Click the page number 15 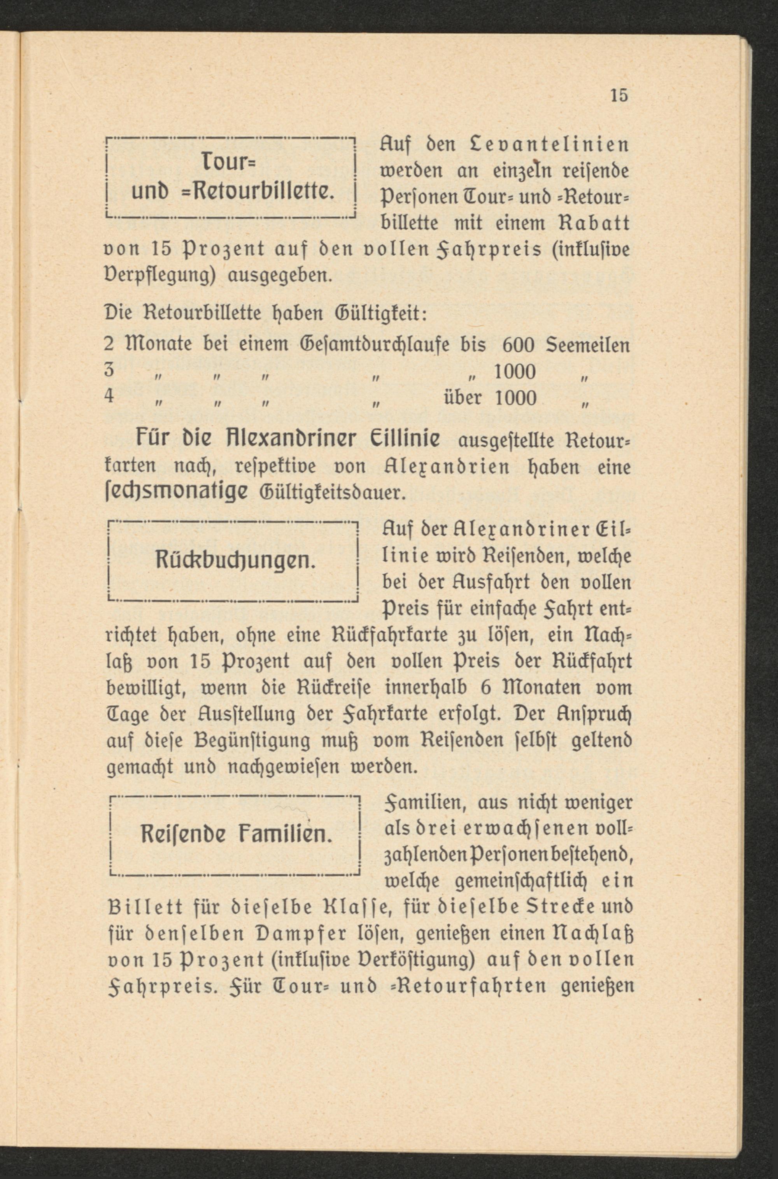pyautogui.click(x=619, y=95)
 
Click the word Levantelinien pyautogui.click(x=549, y=146)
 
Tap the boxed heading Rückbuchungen pyautogui.click(x=232, y=561)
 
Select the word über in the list pyautogui.click(x=461, y=397)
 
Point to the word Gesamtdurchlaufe pyautogui.click(x=375, y=346)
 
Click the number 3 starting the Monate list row pyautogui.click(x=110, y=370)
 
